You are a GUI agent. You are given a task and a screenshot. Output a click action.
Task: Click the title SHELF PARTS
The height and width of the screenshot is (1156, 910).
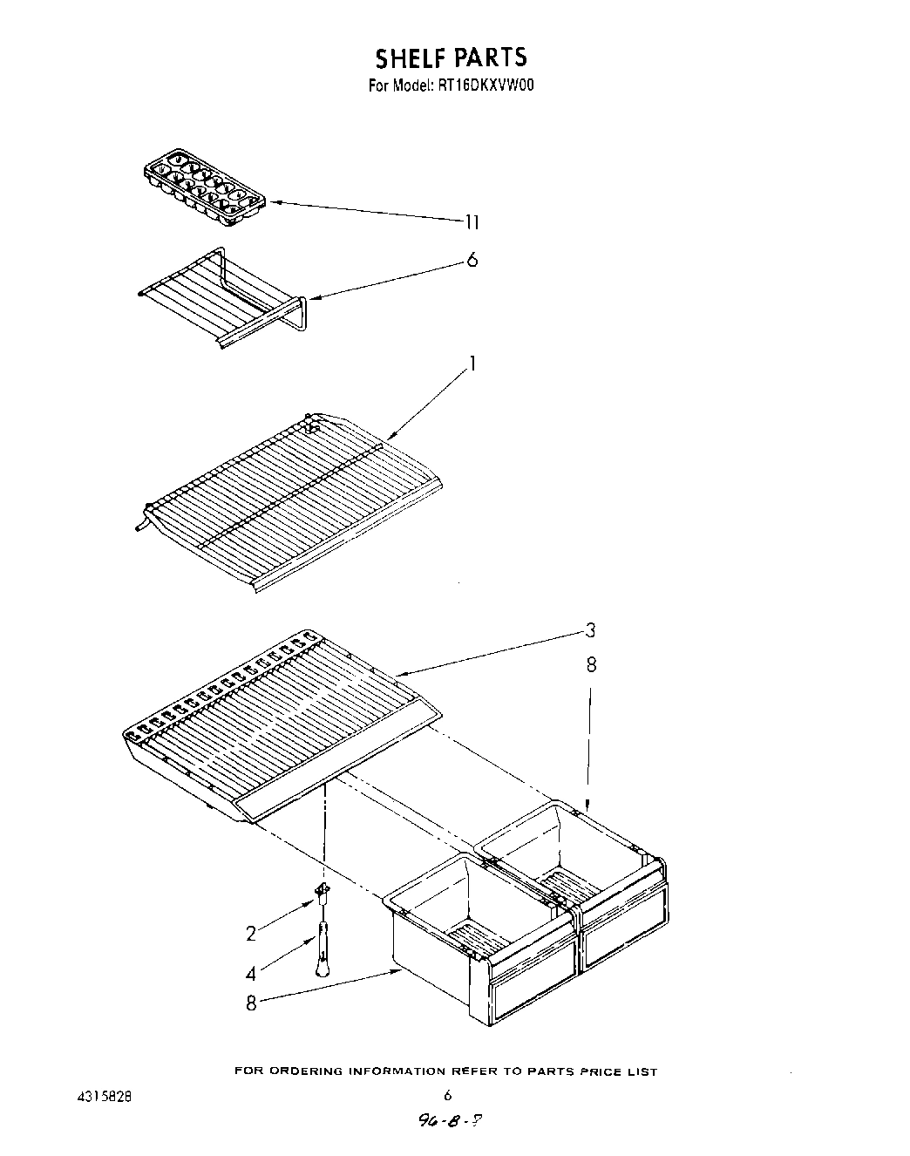pyautogui.click(x=451, y=58)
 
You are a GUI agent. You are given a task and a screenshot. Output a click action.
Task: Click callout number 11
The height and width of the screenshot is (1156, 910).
pyautogui.click(x=471, y=222)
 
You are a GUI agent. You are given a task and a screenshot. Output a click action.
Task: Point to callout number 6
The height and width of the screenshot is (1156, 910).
pyautogui.click(x=472, y=260)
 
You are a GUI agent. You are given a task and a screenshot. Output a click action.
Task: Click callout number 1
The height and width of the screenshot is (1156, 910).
pyautogui.click(x=472, y=364)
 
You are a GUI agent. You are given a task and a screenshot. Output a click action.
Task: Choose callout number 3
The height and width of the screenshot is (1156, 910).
pyautogui.click(x=590, y=629)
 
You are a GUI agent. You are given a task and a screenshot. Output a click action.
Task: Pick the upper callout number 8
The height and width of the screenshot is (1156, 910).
pyautogui.click(x=591, y=665)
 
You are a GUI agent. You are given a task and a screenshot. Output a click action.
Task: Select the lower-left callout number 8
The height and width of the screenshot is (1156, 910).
pyautogui.click(x=251, y=1003)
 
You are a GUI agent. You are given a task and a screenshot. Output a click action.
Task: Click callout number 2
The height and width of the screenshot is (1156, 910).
pyautogui.click(x=251, y=934)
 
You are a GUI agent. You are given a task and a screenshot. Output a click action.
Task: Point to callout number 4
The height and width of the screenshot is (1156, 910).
pyautogui.click(x=251, y=974)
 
